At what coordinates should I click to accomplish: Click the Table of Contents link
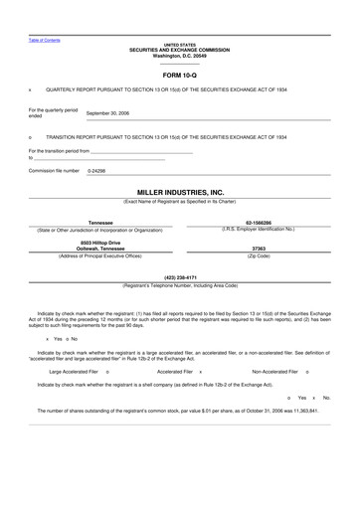click(x=44, y=40)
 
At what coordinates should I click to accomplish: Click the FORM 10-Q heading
click(x=180, y=75)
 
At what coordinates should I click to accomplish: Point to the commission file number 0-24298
click(x=96, y=171)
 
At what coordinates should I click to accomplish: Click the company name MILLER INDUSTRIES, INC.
click(x=180, y=193)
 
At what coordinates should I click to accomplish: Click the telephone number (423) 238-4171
click(x=180, y=277)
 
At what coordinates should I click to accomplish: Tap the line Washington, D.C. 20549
click(x=180, y=55)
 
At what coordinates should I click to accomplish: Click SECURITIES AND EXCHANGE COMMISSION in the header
click(x=180, y=50)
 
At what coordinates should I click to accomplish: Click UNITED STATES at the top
click(x=180, y=45)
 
